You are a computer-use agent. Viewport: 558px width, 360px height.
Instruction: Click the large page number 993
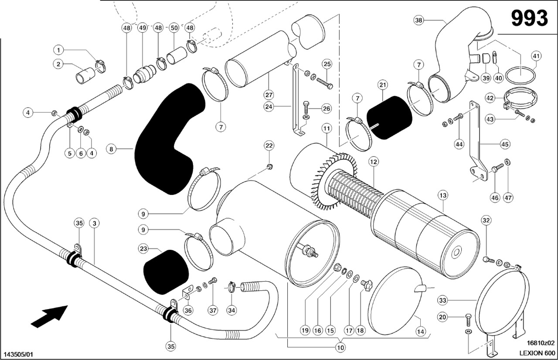(x=529, y=18)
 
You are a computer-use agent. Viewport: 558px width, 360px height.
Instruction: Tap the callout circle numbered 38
(x=419, y=20)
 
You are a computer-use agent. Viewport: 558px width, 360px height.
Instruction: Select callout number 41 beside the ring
(x=536, y=56)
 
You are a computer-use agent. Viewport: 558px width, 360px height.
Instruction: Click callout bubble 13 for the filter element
(x=443, y=196)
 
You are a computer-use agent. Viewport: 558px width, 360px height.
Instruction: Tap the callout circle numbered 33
(x=442, y=300)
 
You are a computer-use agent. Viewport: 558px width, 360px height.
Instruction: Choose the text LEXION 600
(x=537, y=353)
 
